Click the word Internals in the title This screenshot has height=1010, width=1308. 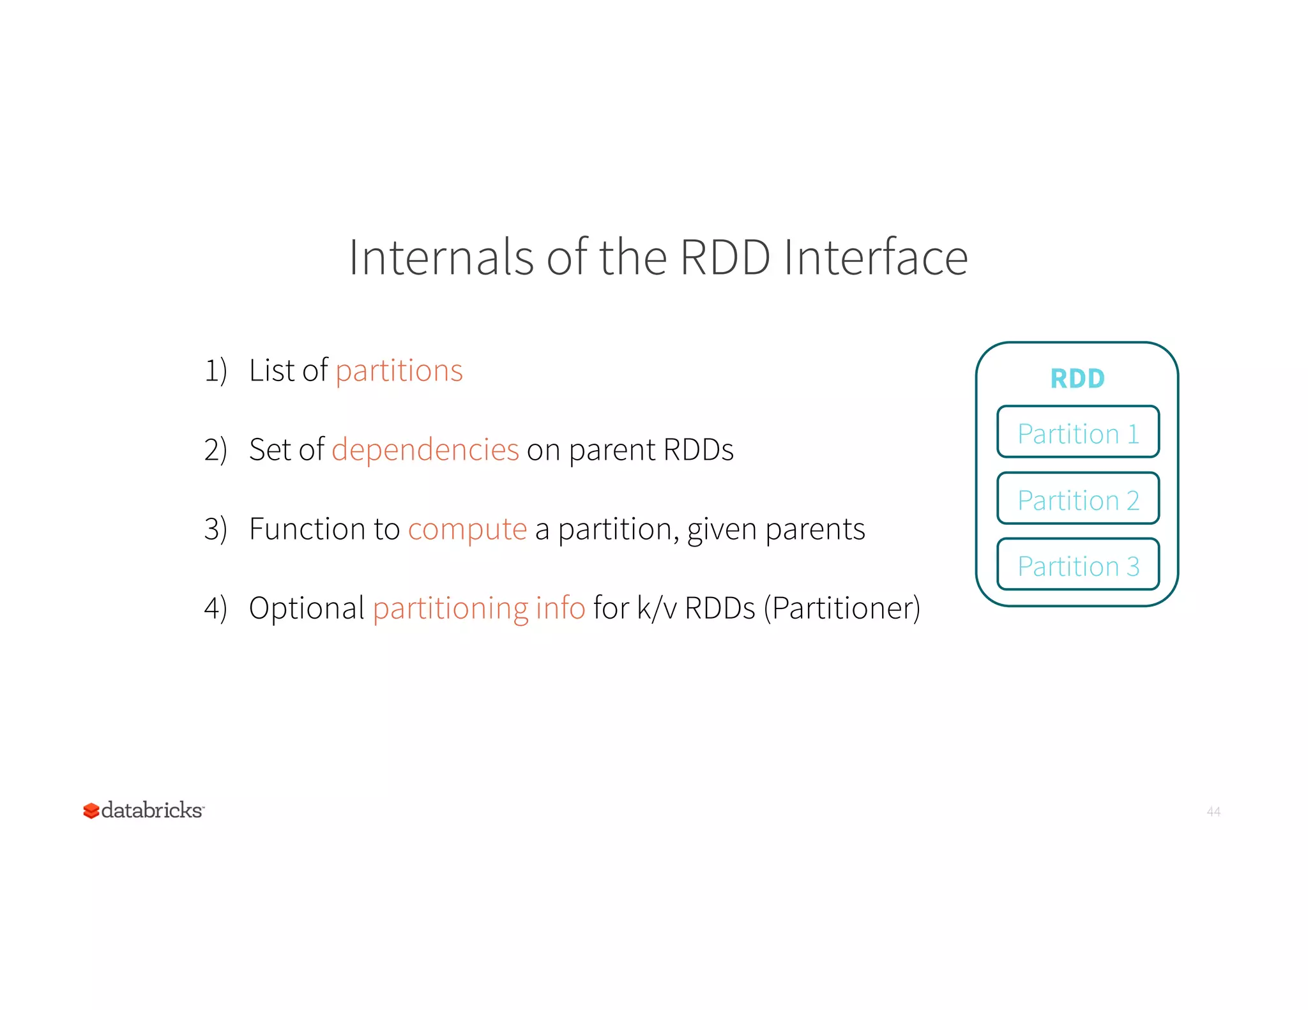pos(441,257)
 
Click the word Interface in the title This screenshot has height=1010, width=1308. pos(876,257)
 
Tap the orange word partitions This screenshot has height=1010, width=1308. pos(399,371)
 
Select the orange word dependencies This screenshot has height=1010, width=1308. pos(425,449)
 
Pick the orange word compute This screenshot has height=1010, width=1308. pos(467,529)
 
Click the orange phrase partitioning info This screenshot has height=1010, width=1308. pos(478,608)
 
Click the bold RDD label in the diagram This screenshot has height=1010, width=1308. pos(1077,379)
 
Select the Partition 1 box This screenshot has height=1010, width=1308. pos(1077,432)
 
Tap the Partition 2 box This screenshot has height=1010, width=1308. pos(1077,499)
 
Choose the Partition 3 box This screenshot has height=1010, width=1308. pos(1077,565)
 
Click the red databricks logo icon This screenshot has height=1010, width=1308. pos(91,811)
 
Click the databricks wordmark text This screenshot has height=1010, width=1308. pos(152,810)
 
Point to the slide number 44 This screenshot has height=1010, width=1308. pos(1213,811)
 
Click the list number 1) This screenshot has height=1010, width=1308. pos(215,371)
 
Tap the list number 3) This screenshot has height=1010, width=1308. pos(215,529)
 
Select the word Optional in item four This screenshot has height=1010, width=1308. pos(307,608)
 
